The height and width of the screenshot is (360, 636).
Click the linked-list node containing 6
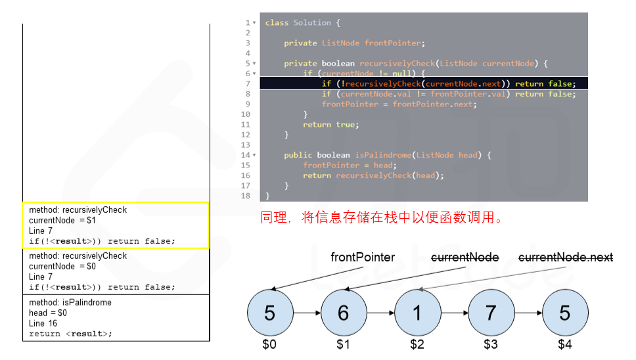[x=343, y=313]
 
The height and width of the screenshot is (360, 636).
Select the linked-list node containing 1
[x=417, y=313]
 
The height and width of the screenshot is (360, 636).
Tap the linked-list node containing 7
[x=491, y=313]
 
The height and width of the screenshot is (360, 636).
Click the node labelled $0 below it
[x=269, y=313]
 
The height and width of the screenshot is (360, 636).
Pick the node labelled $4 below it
[x=564, y=313]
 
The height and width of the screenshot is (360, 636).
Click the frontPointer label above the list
[x=363, y=258]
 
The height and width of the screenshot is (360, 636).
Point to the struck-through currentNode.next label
[x=566, y=258]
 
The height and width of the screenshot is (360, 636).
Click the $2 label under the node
[x=417, y=344]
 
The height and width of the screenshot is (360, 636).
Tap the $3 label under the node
[x=491, y=344]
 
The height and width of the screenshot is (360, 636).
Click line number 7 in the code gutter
[x=248, y=83]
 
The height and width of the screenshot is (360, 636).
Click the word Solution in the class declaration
[x=312, y=23]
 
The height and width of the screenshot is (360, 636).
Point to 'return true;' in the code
[x=330, y=124]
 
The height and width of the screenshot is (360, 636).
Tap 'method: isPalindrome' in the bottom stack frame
[x=70, y=302]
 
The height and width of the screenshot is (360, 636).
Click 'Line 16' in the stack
[x=43, y=323]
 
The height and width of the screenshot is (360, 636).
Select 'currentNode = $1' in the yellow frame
[x=62, y=220]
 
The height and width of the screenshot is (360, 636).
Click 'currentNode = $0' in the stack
[x=62, y=266]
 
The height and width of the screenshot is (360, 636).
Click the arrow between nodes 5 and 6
[x=306, y=313]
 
